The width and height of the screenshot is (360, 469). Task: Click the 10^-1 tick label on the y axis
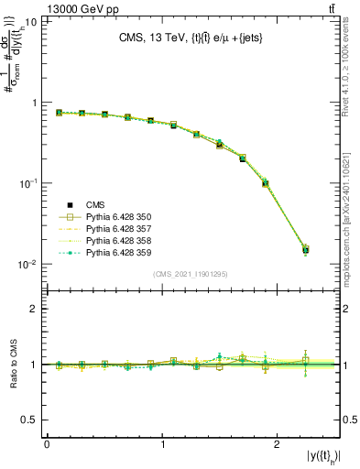coord(27,183)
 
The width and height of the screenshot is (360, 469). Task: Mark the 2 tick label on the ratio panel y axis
coord(34,310)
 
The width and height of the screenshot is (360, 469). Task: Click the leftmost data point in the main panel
coord(59,113)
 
